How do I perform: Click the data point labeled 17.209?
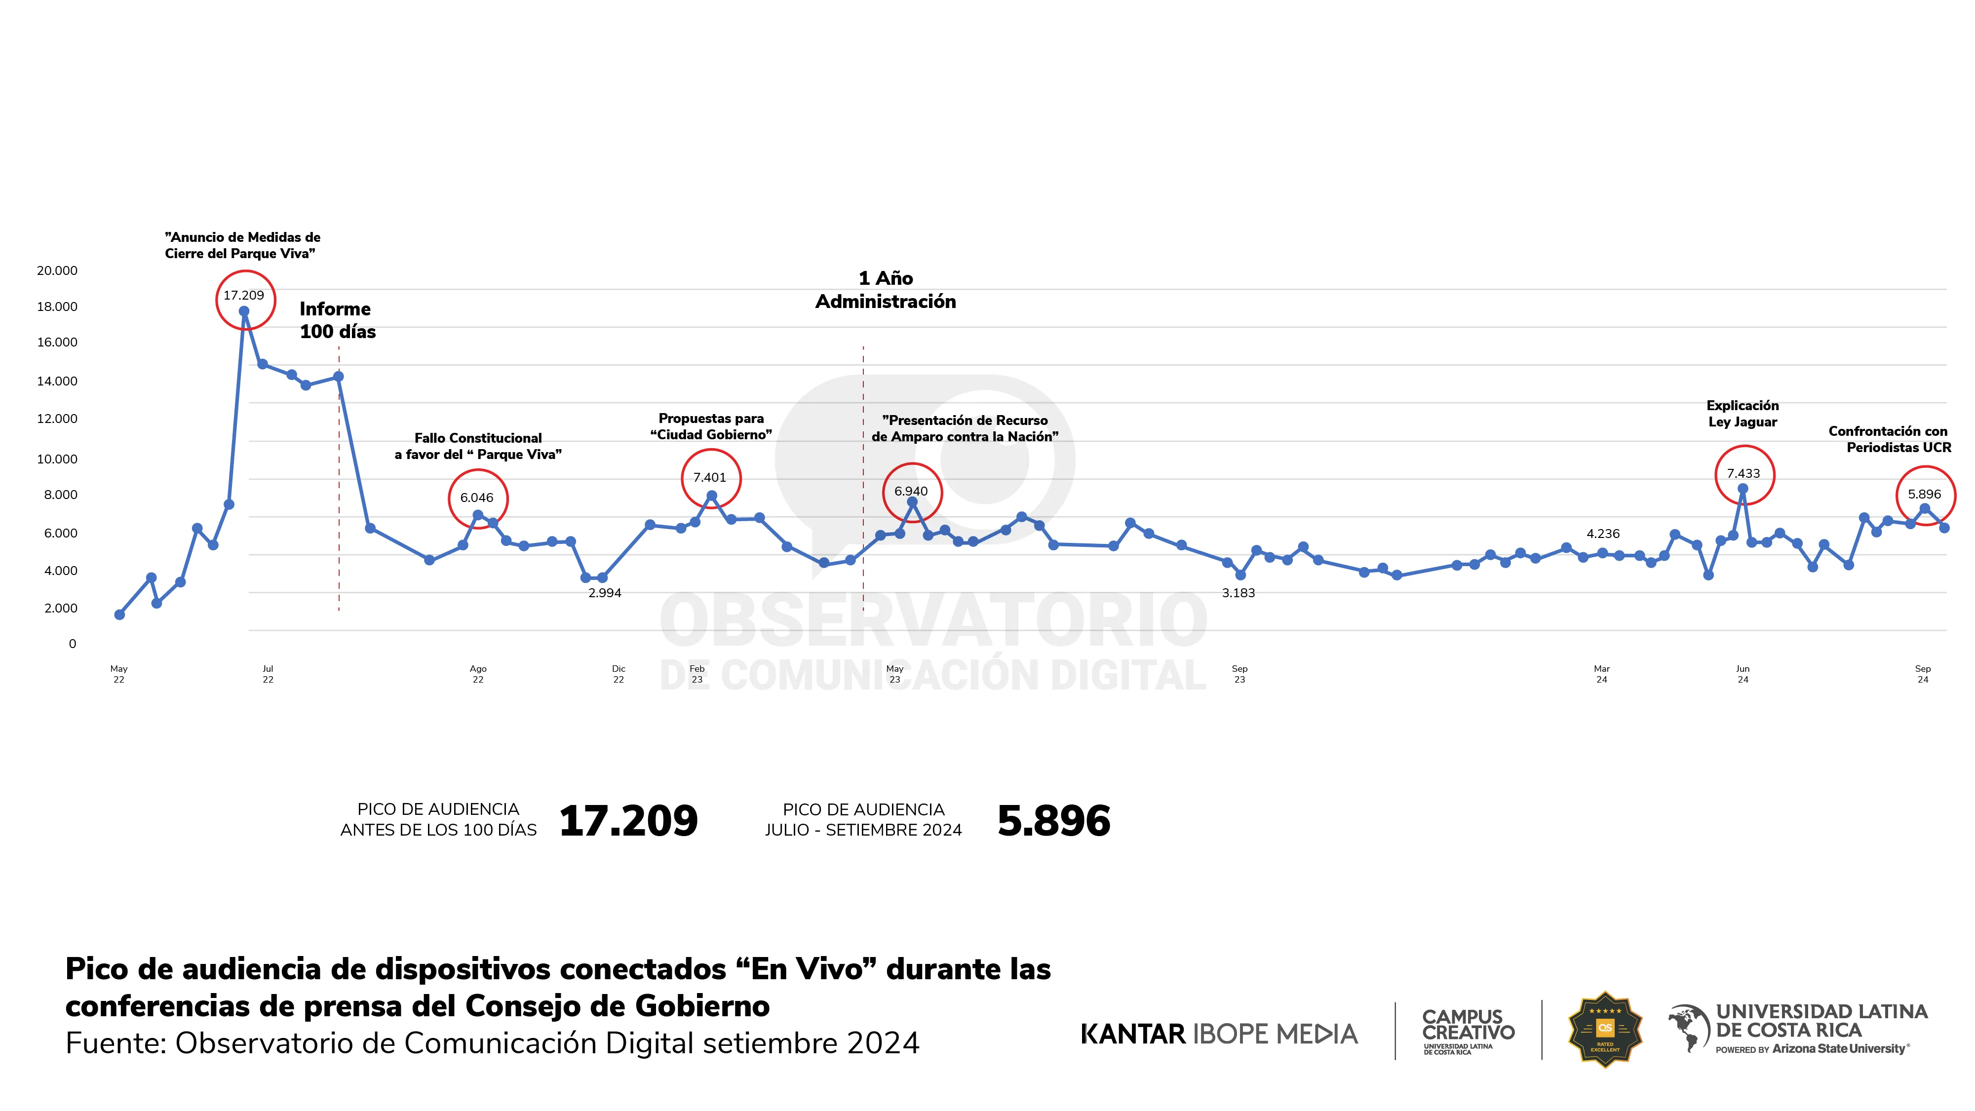(244, 311)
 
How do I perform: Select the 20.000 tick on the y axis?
(57, 270)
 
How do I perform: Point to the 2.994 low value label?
(604, 593)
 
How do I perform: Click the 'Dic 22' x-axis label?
(619, 674)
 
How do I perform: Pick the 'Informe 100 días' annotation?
(337, 320)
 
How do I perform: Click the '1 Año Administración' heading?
(886, 290)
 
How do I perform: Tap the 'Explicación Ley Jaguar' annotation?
(1742, 413)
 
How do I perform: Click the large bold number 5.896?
(1053, 821)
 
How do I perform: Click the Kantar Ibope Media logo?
(1218, 1034)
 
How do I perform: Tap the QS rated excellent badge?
(1605, 1029)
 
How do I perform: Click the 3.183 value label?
(1238, 593)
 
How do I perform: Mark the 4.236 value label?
(1603, 534)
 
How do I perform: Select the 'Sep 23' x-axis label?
(1239, 674)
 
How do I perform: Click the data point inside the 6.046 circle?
(478, 515)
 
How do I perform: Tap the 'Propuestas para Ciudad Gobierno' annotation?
(711, 426)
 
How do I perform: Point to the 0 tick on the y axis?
(73, 644)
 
